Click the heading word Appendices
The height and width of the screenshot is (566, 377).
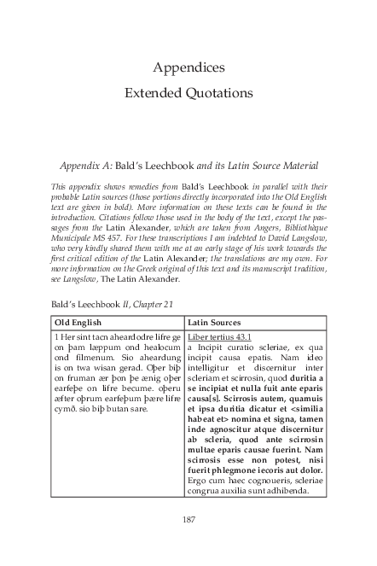pos(188,67)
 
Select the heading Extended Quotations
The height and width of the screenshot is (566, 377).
pos(188,91)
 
